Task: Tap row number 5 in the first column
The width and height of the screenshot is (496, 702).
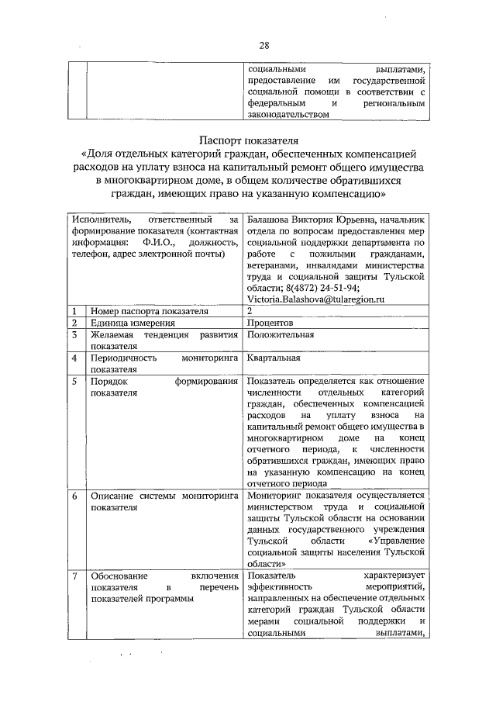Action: pyautogui.click(x=74, y=382)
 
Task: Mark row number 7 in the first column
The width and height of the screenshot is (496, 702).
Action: pyautogui.click(x=74, y=576)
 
